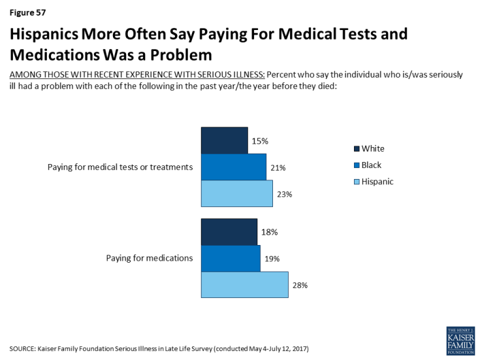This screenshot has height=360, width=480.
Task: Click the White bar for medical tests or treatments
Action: (224, 140)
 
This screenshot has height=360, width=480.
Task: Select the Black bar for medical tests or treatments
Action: (233, 167)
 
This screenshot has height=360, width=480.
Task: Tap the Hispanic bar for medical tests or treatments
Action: (236, 193)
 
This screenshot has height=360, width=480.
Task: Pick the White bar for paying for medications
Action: (229, 232)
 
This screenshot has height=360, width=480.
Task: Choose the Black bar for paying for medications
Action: (231, 258)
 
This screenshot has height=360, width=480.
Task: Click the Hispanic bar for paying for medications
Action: (244, 285)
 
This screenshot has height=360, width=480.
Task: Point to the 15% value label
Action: (260, 140)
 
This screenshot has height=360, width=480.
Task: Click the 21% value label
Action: (278, 168)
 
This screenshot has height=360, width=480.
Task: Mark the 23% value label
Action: (284, 194)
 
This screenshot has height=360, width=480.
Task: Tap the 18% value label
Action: (270, 232)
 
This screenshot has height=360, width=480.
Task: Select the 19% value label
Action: (272, 259)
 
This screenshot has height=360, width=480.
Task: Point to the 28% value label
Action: (300, 285)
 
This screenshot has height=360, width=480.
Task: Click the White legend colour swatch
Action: (356, 148)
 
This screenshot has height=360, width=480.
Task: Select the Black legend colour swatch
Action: (356, 165)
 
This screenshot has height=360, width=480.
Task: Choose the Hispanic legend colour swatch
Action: (356, 182)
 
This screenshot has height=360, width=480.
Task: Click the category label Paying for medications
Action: (150, 257)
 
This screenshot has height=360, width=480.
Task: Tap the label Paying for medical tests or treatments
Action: (120, 167)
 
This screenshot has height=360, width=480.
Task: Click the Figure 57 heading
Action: (27, 12)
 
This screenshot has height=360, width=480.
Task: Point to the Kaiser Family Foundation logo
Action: (460, 340)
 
